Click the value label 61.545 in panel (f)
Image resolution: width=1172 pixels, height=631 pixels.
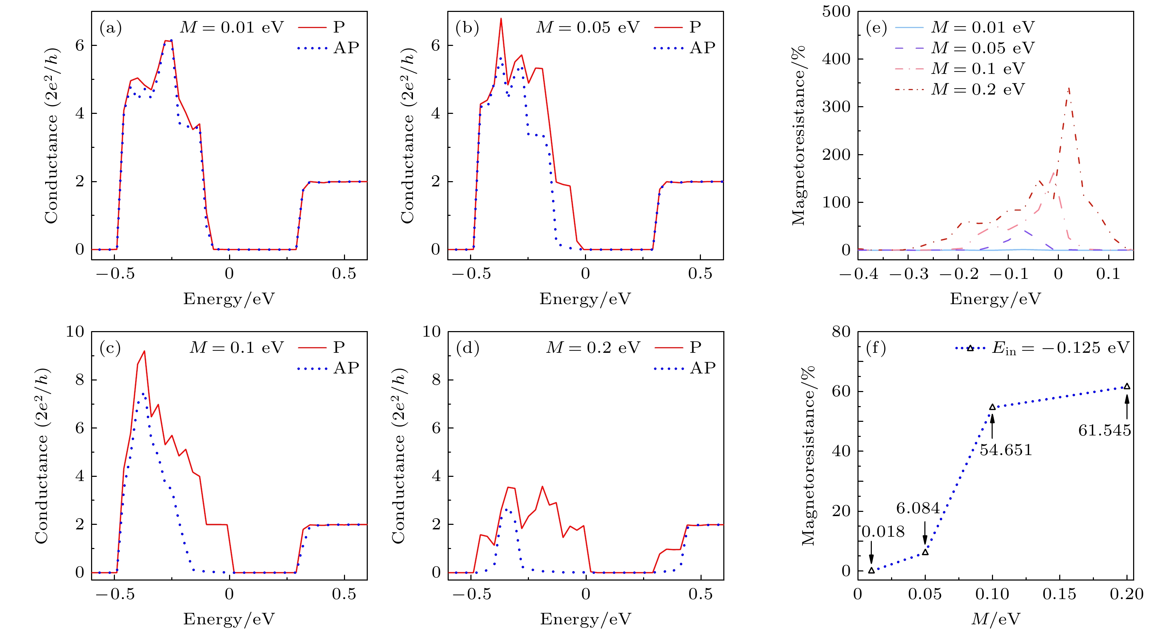(1104, 430)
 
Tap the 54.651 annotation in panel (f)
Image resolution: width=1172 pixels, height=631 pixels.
(1006, 450)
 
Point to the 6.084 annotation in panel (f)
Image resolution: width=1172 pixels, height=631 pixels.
(918, 508)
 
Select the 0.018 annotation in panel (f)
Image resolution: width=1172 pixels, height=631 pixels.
(883, 532)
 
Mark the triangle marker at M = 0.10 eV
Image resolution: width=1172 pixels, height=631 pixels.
(992, 407)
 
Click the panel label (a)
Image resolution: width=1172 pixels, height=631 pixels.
(111, 28)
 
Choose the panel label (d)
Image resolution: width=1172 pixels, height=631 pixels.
(467, 348)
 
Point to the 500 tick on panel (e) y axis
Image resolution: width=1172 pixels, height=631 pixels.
(836, 12)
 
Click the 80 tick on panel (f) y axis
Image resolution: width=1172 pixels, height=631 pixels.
(841, 332)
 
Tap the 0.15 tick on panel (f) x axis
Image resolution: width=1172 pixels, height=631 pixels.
(1059, 594)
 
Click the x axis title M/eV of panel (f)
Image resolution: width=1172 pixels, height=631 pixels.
(995, 619)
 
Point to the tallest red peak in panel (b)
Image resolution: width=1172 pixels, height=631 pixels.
(501, 19)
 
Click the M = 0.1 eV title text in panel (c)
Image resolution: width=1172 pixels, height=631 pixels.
(236, 348)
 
